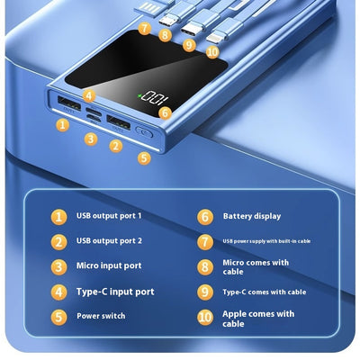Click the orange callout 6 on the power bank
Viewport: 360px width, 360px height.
coord(166,112)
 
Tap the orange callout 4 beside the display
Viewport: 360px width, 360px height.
coord(89,96)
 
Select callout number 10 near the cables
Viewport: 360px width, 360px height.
coord(212,52)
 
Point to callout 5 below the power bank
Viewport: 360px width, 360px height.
coord(144,158)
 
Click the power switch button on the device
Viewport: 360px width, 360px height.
coord(144,132)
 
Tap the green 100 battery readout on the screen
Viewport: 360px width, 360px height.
coord(154,99)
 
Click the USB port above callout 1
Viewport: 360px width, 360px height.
coord(69,103)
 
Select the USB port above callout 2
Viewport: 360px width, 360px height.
coord(119,122)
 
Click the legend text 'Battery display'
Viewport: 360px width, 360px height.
coord(252,216)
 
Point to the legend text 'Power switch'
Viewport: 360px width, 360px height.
coord(101,316)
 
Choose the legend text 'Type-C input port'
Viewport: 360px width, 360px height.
coord(115,292)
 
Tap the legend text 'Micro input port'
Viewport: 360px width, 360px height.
coord(109,265)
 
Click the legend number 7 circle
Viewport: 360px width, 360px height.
coord(205,242)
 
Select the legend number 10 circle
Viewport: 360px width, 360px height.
coord(205,318)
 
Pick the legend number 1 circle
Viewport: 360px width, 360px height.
coord(58,217)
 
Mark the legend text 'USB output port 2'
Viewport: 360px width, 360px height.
coord(109,241)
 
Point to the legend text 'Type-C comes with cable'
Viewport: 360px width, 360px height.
coord(265,292)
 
